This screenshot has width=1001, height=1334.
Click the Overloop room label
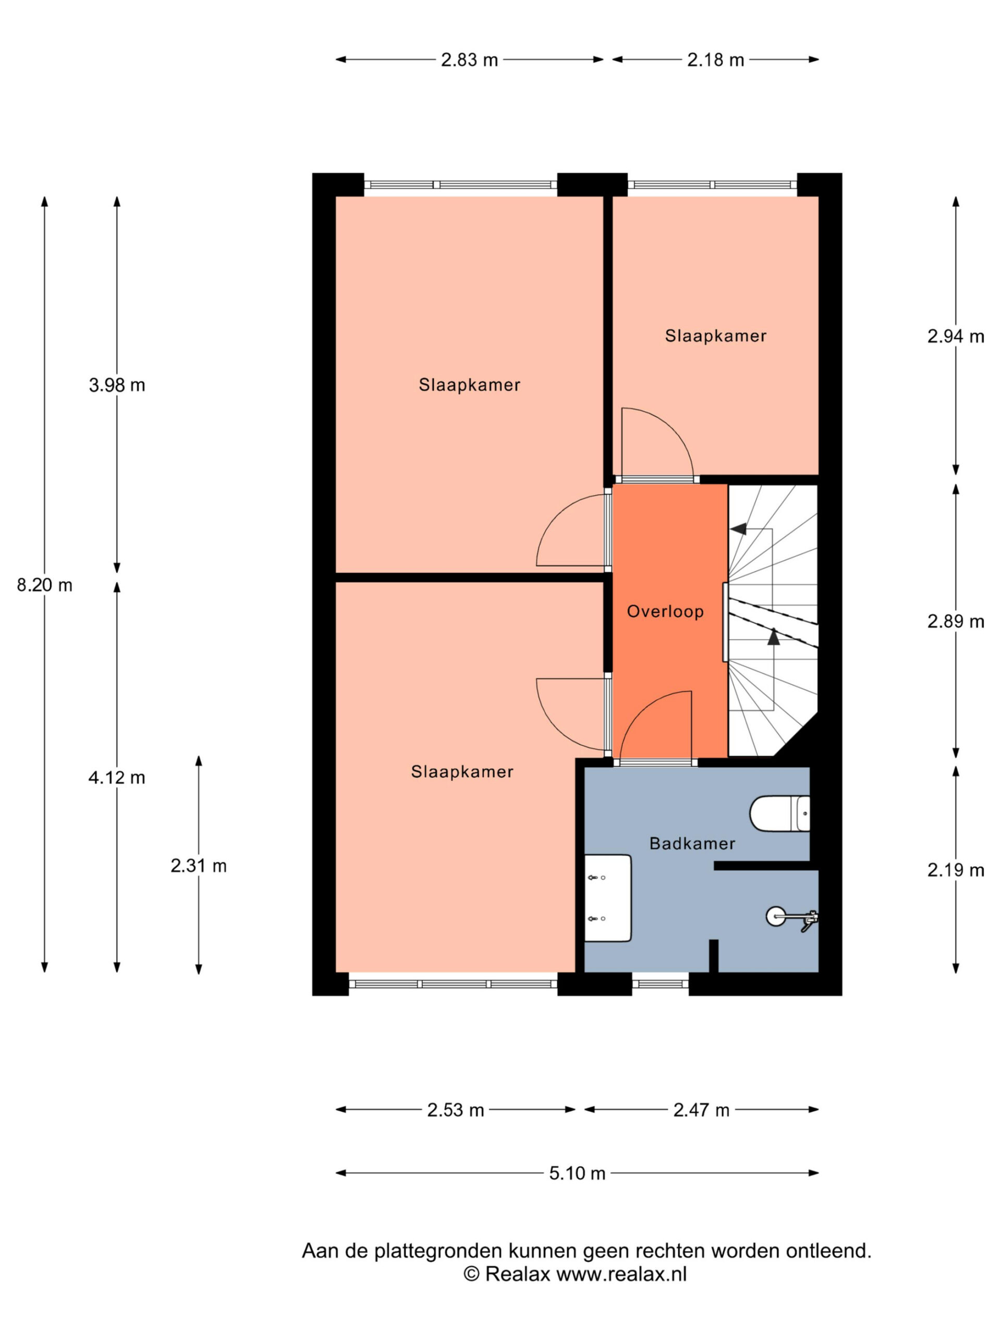pyautogui.click(x=665, y=612)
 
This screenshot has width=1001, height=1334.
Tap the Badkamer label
pyautogui.click(x=692, y=843)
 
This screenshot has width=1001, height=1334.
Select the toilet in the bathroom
pyautogui.click(x=779, y=813)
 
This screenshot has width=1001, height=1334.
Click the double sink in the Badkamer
pyautogui.click(x=607, y=897)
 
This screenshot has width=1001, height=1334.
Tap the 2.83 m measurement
pyautogui.click(x=469, y=60)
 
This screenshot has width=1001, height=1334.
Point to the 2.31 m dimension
pyautogui.click(x=199, y=866)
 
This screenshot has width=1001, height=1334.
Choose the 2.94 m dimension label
pyautogui.click(x=956, y=337)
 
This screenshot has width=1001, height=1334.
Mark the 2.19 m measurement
pyautogui.click(x=956, y=870)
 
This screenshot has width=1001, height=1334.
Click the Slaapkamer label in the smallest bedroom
pyautogui.click(x=716, y=336)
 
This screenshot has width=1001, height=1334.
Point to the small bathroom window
pyautogui.click(x=660, y=984)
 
